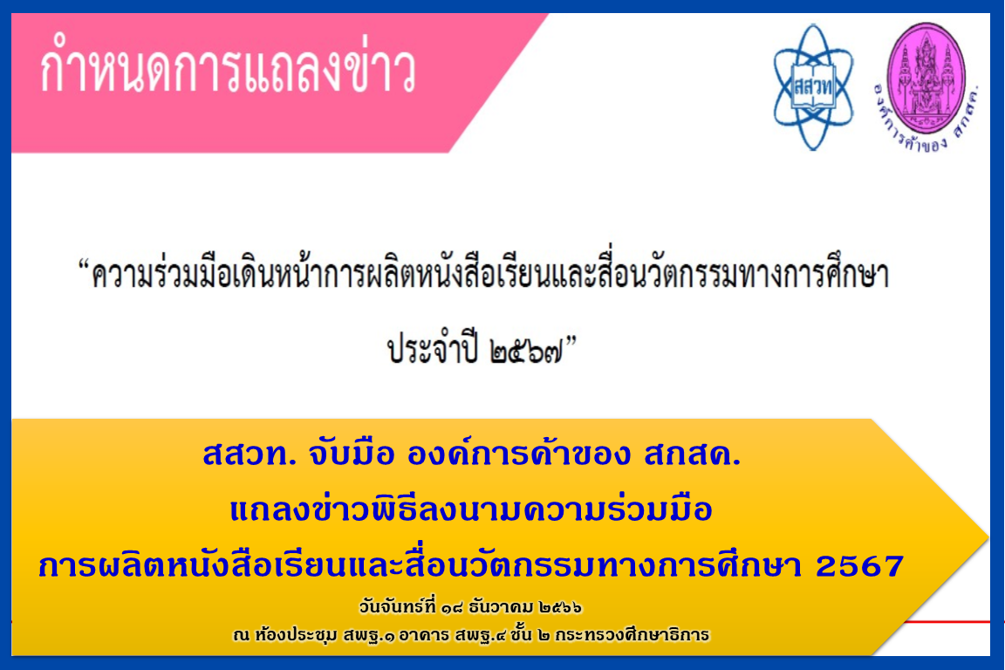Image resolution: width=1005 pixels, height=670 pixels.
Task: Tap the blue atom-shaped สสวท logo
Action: pyautogui.click(x=813, y=87)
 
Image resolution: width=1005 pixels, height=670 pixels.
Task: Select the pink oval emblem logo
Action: pyautogui.click(x=926, y=78)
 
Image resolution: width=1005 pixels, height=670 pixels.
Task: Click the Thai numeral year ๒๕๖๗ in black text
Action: pyautogui.click(x=526, y=352)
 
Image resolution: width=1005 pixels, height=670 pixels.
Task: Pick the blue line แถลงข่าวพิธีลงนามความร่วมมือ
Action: pyautogui.click(x=471, y=509)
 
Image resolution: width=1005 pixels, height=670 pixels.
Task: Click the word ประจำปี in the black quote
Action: pyautogui.click(x=433, y=349)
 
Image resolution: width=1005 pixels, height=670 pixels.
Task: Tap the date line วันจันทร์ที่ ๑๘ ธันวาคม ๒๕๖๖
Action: pyautogui.click(x=470, y=606)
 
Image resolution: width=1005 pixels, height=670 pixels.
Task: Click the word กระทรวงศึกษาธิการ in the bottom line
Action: pyautogui.click(x=632, y=635)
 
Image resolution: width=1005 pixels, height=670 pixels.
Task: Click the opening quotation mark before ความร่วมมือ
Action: pyautogui.click(x=84, y=264)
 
